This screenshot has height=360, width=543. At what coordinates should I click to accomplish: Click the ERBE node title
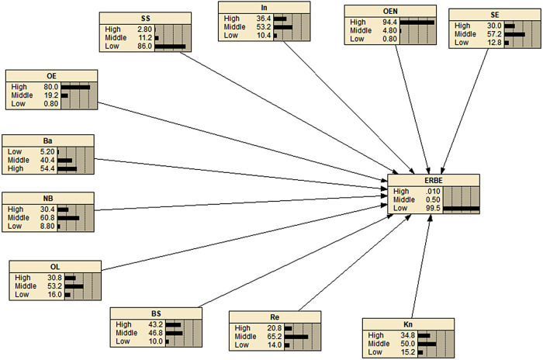(x=434, y=179)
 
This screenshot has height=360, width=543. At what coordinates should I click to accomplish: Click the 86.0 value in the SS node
(x=144, y=47)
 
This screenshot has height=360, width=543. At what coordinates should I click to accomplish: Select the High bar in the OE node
(x=75, y=86)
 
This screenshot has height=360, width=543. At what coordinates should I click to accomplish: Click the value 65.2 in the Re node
(x=273, y=337)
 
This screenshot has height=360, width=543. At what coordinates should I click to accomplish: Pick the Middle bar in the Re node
(x=296, y=337)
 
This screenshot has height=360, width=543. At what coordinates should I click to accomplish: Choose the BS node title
(x=156, y=313)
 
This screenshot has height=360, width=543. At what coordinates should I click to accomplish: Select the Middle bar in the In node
(x=282, y=27)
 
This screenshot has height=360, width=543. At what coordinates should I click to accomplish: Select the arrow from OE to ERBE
(x=248, y=139)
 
